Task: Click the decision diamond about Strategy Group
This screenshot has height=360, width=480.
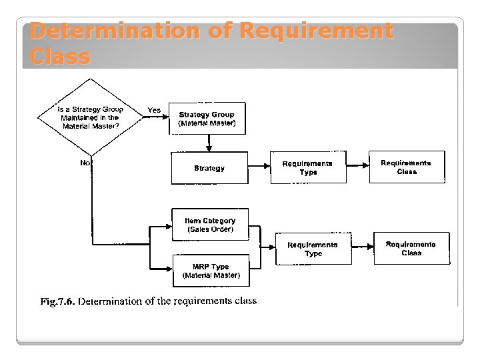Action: (x=90, y=117)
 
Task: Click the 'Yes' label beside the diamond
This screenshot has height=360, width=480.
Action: (x=154, y=110)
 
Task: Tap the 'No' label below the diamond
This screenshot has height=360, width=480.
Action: (x=85, y=163)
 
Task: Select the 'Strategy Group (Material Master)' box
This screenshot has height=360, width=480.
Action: (x=207, y=119)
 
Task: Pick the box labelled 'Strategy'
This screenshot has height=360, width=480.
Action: (x=209, y=168)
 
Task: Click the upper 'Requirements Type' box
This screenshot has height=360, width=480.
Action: (x=308, y=167)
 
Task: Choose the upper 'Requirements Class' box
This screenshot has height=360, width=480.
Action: (x=407, y=167)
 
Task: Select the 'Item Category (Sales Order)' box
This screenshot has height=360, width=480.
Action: (x=210, y=225)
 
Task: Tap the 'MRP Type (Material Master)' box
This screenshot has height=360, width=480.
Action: (x=211, y=271)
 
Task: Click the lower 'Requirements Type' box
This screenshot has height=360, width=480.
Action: (x=313, y=249)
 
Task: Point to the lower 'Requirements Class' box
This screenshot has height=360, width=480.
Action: (x=411, y=248)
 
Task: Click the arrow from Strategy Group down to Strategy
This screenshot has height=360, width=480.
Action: (x=209, y=143)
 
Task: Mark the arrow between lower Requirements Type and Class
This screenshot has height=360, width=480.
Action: (x=363, y=247)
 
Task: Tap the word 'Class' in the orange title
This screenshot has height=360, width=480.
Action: (x=60, y=57)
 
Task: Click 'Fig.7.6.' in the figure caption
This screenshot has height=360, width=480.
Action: (x=57, y=301)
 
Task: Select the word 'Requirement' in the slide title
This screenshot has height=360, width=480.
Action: (x=316, y=31)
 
